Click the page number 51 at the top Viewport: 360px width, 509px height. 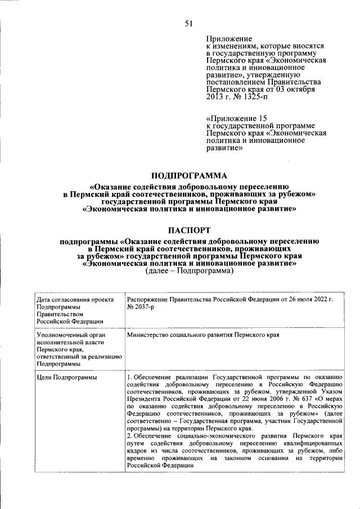click(188, 23)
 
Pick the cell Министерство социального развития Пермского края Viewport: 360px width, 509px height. click(203, 335)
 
